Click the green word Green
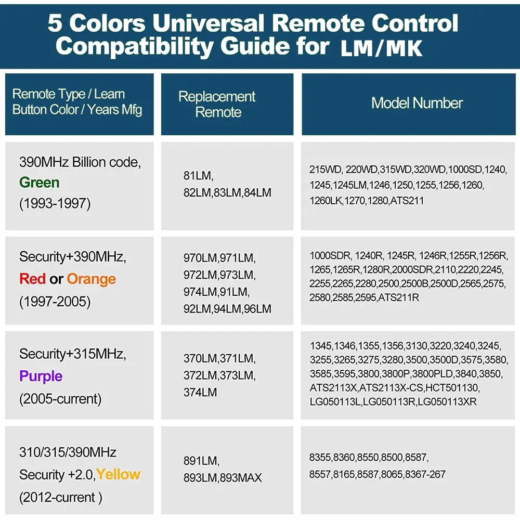pos(39,183)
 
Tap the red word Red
pos(32,279)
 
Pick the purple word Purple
pos(41,376)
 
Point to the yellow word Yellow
pos(119,475)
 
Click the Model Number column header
pos(417,103)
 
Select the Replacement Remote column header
pos(217,104)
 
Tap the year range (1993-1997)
pos(55,204)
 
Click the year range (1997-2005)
pos(55,302)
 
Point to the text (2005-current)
pos(60,399)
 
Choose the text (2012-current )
pos(61,498)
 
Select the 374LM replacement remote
pos(200,392)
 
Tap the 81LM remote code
pos(198,176)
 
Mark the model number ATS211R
pos(399,297)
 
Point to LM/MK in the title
pos(381,48)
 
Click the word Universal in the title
pos(209,23)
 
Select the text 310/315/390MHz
pos(68,452)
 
